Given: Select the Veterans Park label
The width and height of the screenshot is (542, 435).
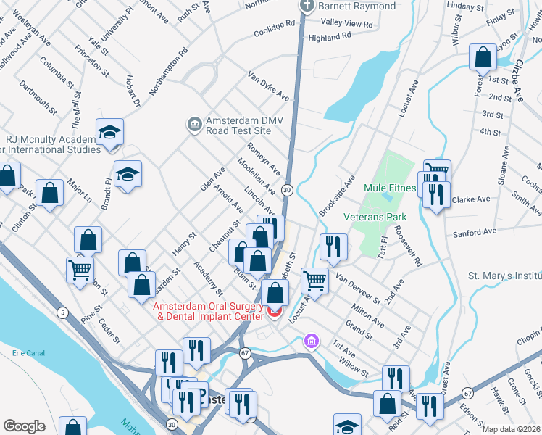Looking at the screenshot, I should pos(375,217).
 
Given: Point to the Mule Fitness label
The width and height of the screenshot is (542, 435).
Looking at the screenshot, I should pos(390,188).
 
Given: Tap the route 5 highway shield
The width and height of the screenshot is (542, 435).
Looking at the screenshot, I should pos(63,312).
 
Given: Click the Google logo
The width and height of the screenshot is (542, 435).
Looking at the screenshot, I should pos(24,426).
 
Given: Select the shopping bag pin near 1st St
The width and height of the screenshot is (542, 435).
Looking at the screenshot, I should pos(483,57).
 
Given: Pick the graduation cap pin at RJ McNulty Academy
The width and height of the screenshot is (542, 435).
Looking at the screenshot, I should pos(109,132).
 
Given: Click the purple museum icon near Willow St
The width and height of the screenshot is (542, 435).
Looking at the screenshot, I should pos(311,340).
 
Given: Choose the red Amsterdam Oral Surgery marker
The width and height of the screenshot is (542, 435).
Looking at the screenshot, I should pos(274,312).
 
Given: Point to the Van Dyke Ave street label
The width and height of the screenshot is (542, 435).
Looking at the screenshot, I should pos(268,86).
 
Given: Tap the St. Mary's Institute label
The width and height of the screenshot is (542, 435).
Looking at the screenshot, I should pos(504,276).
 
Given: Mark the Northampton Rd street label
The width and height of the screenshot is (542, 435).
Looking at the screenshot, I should pos(169,72).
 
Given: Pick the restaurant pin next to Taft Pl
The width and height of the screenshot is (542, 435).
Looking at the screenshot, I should pos(333,246).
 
